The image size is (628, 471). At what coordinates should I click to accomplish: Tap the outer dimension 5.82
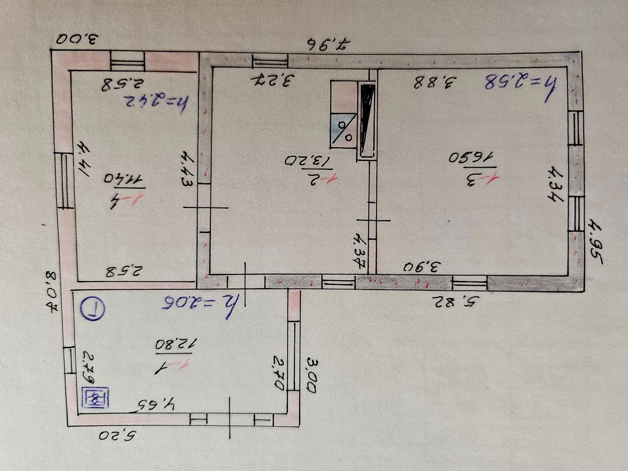coord(456,301)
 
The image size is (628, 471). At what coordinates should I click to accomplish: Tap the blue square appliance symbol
coord(95,398)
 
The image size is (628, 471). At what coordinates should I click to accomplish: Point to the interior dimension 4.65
coord(157,404)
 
